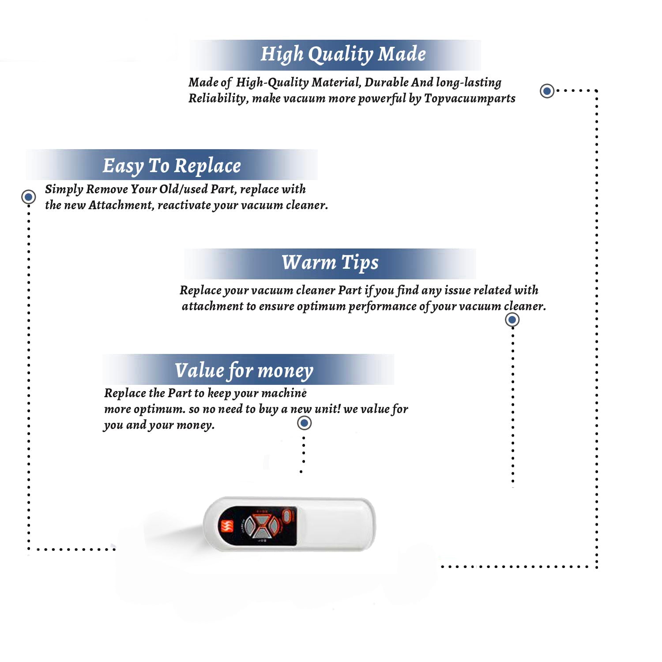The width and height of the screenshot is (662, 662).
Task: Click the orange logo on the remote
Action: pyautogui.click(x=227, y=526)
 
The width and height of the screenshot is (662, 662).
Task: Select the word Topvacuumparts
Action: pyautogui.click(x=470, y=98)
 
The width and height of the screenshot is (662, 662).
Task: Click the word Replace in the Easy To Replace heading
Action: pyautogui.click(x=207, y=166)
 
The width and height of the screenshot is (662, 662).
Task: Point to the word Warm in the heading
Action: pyautogui.click(x=309, y=262)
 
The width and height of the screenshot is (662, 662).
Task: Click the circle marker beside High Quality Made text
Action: pyautogui.click(x=547, y=91)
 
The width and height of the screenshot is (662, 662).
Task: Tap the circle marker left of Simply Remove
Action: pyautogui.click(x=29, y=197)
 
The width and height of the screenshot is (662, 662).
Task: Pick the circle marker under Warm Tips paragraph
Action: pyautogui.click(x=512, y=320)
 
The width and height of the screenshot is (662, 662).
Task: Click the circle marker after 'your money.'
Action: pyautogui.click(x=305, y=423)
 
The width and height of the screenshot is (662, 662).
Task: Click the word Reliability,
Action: pyautogui.click(x=218, y=99)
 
